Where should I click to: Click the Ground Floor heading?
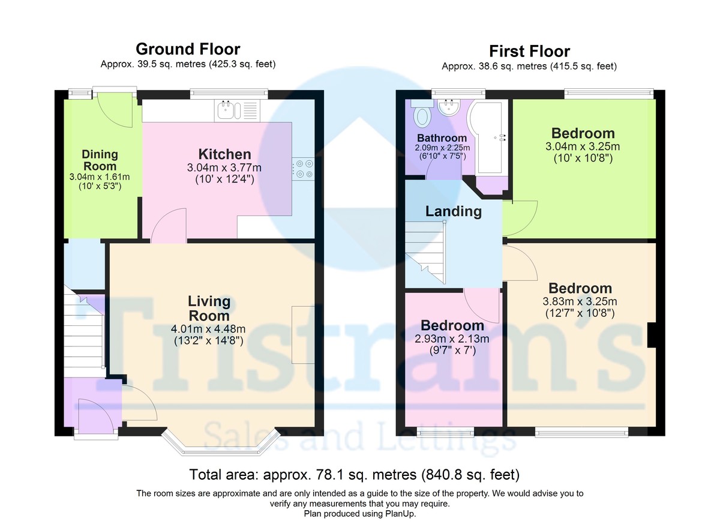click(x=188, y=49)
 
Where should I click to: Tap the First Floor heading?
click(x=529, y=52)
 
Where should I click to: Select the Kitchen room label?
click(x=224, y=154)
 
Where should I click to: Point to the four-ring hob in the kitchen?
click(x=303, y=169)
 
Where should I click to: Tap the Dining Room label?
click(x=100, y=160)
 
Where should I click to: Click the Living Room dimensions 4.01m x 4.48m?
click(x=208, y=329)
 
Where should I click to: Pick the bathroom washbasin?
click(x=449, y=107)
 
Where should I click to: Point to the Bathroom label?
click(x=442, y=138)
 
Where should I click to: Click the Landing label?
click(x=454, y=211)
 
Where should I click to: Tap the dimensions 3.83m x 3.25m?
click(x=580, y=301)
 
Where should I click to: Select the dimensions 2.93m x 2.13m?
click(x=452, y=339)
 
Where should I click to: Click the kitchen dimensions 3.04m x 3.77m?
click(x=224, y=167)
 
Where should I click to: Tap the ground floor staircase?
click(x=84, y=331)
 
